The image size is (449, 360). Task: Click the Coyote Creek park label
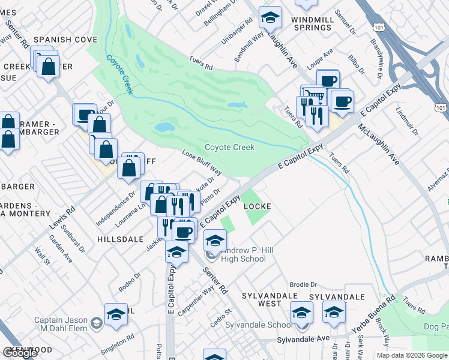(229, 147)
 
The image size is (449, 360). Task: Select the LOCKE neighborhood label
(258, 206)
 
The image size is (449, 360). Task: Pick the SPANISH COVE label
(65, 40)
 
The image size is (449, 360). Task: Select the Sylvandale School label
(259, 325)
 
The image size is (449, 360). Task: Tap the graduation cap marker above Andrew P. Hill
(215, 240)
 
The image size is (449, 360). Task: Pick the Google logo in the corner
(20, 353)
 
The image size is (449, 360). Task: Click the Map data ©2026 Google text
(412, 355)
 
